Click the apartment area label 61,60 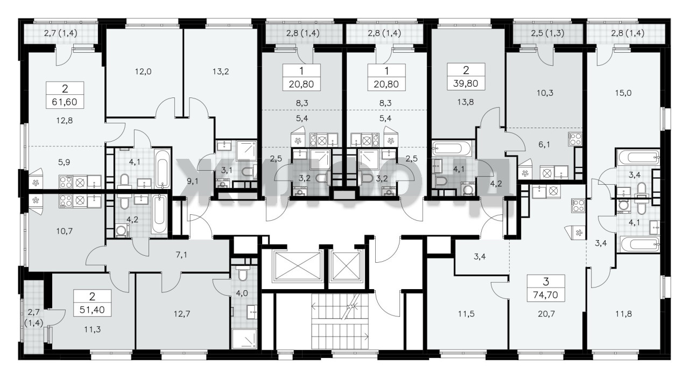pos(65,102)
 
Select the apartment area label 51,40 pos(92,310)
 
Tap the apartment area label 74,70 pos(546,295)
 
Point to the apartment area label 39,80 pos(466,83)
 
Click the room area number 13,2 pos(221,72)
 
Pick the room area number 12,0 pos(143,72)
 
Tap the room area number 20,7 pos(546,314)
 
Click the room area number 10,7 pos(65,231)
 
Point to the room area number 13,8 pos(466,102)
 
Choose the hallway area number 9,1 pos(193,181)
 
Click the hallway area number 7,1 pos(181,255)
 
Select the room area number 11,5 pos(466,314)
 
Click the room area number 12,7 pos(182,314)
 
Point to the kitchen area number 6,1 pos(544,144)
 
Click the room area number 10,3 pos(545,93)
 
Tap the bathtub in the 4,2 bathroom pos(159,214)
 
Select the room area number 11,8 pos(623,314)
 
